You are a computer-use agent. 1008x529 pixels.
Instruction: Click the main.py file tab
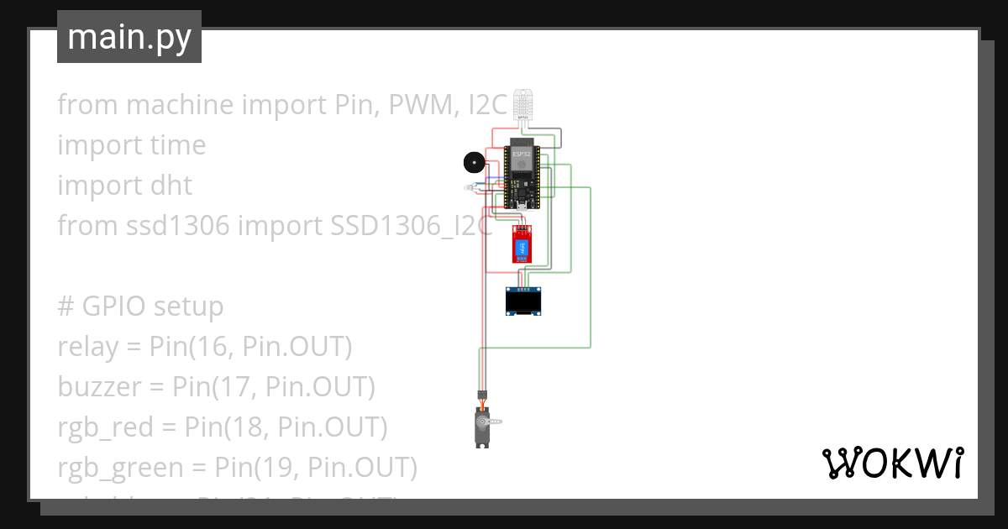[129, 37]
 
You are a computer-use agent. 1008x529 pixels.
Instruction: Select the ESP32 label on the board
[521, 155]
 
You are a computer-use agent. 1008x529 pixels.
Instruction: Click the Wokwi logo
[892, 463]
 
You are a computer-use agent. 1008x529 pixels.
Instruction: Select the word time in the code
[177, 145]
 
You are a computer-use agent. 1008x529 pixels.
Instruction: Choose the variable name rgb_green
[118, 468]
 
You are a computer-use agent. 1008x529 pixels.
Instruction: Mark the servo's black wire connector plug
[482, 394]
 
